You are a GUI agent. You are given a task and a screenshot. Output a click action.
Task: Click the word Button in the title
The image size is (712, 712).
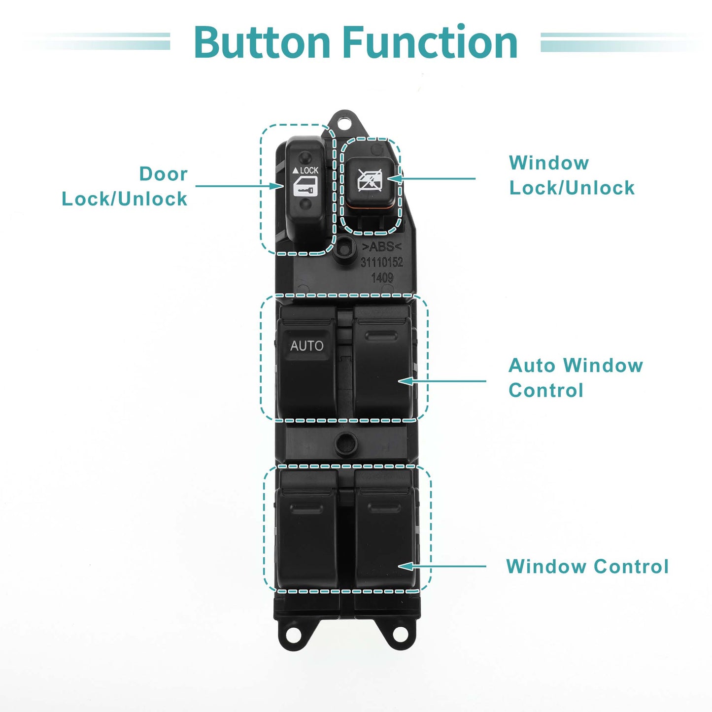pyautogui.click(x=262, y=42)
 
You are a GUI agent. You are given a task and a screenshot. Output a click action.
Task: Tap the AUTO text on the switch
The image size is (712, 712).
pyautogui.click(x=306, y=346)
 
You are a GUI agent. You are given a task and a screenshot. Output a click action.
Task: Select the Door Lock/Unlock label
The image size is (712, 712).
pyautogui.click(x=125, y=186)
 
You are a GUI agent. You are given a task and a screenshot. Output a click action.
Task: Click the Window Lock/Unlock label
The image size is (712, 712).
pyautogui.click(x=572, y=175)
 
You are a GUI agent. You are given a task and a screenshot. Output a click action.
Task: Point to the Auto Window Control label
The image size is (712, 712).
pyautogui.click(x=576, y=377)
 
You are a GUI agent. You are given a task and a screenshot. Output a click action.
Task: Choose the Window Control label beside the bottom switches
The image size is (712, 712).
pyautogui.click(x=587, y=566)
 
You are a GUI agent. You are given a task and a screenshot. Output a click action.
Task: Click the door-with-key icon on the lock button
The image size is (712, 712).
pyautogui.click(x=305, y=187)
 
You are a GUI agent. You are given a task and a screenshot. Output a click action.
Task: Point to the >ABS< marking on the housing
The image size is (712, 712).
pyautogui.click(x=381, y=247)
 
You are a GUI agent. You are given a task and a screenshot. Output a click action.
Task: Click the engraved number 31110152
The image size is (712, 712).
pyautogui.click(x=382, y=262)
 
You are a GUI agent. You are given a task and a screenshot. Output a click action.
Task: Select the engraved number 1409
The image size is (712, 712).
pyautogui.click(x=382, y=277)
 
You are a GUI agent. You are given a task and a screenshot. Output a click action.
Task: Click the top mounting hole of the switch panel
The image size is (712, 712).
pyautogui.click(x=344, y=122)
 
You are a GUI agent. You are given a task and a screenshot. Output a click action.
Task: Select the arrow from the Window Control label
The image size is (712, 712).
pyautogui.click(x=442, y=566)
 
